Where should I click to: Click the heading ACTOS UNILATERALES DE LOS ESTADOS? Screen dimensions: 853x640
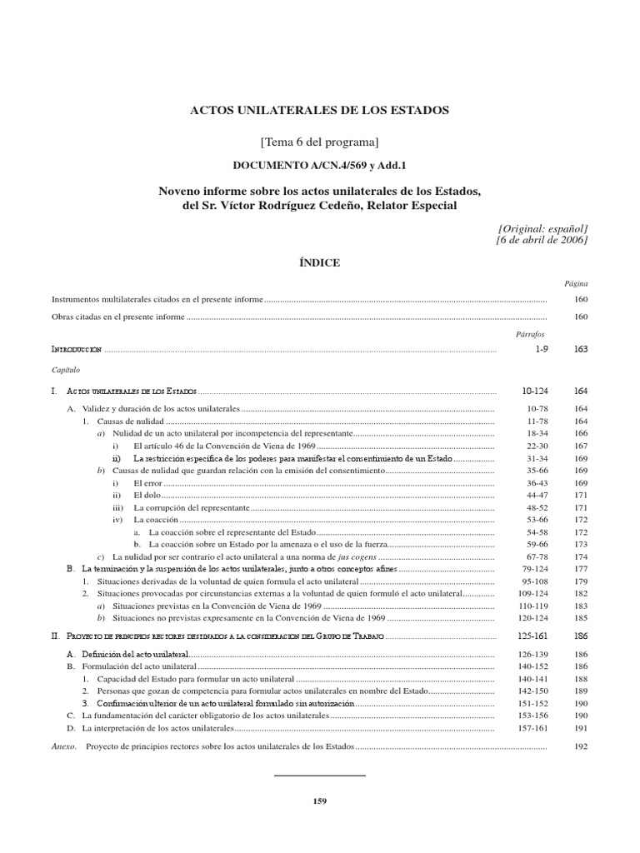coord(320,110)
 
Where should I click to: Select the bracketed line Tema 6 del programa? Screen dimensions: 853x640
coord(320,138)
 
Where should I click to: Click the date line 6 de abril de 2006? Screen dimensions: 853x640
coord(542,240)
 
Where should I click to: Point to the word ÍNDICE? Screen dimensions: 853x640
coord(320,262)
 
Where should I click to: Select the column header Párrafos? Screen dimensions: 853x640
coord(530,333)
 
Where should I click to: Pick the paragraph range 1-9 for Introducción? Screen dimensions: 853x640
coord(542,350)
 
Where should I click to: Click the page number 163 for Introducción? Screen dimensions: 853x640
coord(580,350)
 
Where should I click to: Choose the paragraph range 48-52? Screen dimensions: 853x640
coord(542,507)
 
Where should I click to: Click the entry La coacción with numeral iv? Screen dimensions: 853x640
coord(151,519)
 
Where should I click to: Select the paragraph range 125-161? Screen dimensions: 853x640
coord(542,636)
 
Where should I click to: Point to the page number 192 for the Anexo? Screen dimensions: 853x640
coord(580,746)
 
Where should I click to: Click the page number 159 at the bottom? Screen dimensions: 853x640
coord(320,801)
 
